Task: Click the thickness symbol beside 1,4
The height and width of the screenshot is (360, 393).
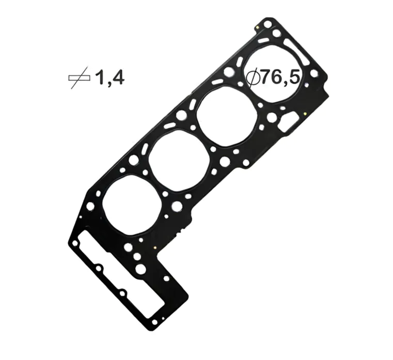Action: [79, 79]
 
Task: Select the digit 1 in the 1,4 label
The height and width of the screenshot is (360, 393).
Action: [99, 78]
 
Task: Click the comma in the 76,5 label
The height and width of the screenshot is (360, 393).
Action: [288, 84]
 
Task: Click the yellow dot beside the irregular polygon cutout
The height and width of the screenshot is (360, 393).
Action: [305, 114]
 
